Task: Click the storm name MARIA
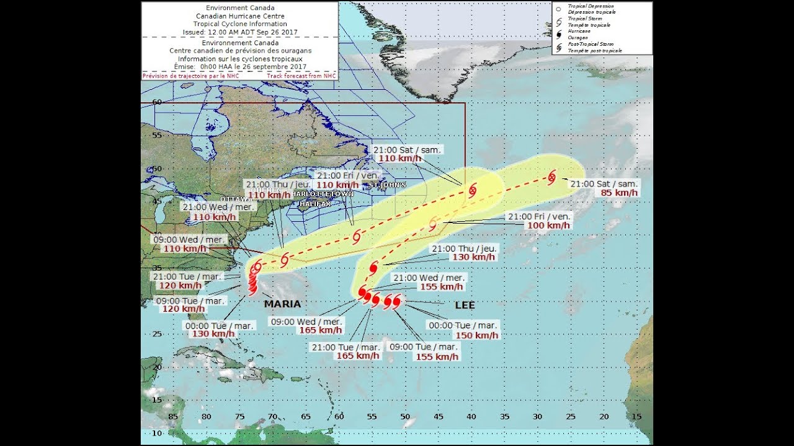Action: click(x=282, y=304)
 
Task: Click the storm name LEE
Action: click(x=465, y=305)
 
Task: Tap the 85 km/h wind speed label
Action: click(x=619, y=193)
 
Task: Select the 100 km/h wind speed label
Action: click(x=548, y=225)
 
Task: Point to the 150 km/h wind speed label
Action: click(x=477, y=335)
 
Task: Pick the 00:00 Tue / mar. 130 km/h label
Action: click(x=213, y=334)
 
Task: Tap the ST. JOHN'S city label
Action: click(x=388, y=185)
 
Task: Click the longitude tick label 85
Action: click(x=174, y=417)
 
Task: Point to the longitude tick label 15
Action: click(x=636, y=417)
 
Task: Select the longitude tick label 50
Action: click(x=405, y=417)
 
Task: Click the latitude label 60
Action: click(x=157, y=102)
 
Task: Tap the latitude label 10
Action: click(x=157, y=433)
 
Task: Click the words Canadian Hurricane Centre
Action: click(x=239, y=15)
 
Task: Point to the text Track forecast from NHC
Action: click(x=301, y=76)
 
